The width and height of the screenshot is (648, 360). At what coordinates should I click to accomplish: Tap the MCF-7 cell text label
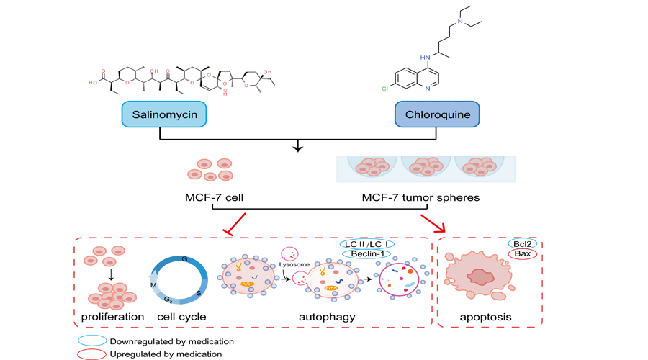coord(213,197)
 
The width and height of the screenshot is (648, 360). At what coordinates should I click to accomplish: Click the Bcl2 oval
coord(523,243)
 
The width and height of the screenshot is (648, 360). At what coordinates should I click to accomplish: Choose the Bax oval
coord(523,254)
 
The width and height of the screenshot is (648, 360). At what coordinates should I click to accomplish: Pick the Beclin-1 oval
coord(367,254)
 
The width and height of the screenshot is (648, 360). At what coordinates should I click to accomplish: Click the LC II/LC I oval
coord(367,244)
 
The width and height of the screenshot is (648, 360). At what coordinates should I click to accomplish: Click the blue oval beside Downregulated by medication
coord(92,341)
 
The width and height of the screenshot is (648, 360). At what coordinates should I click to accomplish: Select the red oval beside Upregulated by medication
coord(92,353)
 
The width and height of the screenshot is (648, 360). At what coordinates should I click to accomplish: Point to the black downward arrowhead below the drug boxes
coord(299,150)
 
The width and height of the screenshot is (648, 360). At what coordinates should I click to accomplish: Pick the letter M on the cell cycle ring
coord(153,285)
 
